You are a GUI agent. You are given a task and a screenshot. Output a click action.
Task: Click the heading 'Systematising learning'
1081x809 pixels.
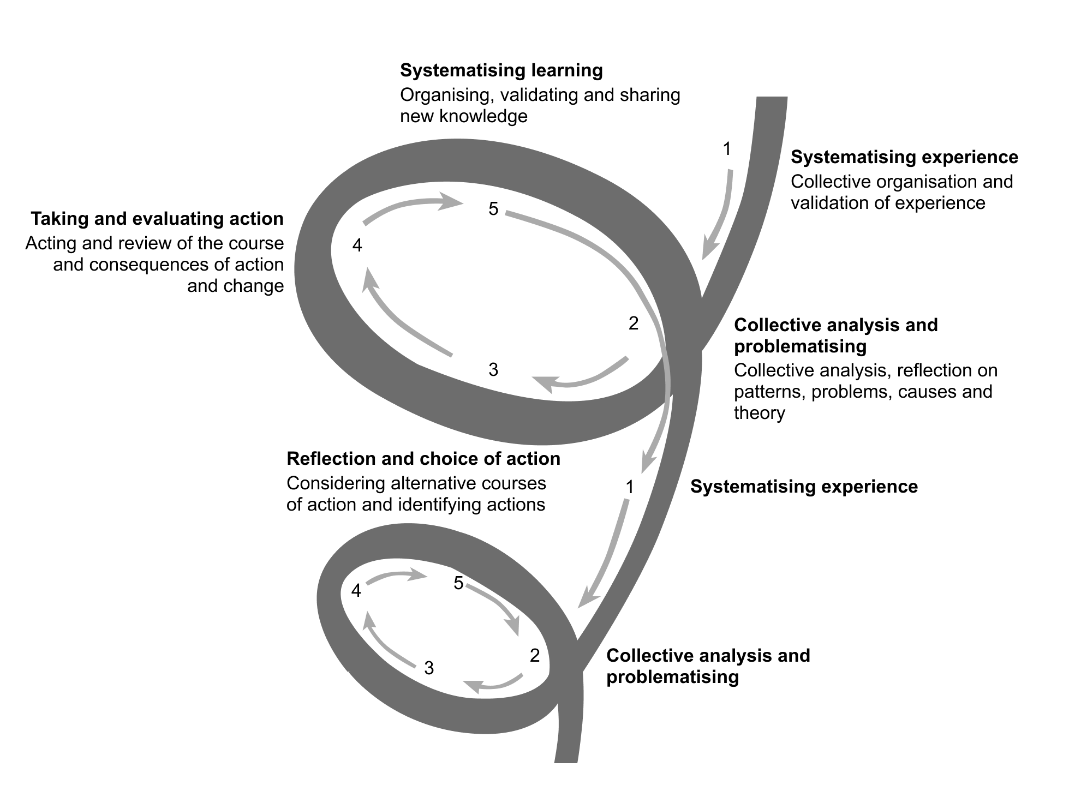[x=501, y=70]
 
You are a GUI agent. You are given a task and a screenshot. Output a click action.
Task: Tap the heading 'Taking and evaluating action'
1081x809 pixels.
[x=157, y=219]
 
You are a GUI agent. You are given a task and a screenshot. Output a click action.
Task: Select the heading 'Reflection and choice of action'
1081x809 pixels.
[x=423, y=459]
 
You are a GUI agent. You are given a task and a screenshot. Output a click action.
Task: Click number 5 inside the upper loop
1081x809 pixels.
[x=493, y=209]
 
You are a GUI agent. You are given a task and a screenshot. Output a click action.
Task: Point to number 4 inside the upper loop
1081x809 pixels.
[x=357, y=246]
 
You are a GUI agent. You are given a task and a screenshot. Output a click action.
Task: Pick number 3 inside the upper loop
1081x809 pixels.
[x=493, y=370]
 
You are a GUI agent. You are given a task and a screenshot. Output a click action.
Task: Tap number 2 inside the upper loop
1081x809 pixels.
[x=633, y=323]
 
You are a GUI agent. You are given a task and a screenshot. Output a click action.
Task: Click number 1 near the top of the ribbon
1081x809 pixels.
[x=727, y=148]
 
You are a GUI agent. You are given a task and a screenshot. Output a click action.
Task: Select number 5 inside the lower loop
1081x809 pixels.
[x=458, y=583]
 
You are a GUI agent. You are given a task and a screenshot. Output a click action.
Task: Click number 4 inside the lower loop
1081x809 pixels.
[x=356, y=590]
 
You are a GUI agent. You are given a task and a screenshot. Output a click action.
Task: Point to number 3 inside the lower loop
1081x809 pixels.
[x=429, y=668]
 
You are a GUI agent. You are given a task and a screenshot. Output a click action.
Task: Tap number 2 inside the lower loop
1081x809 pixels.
[x=535, y=655]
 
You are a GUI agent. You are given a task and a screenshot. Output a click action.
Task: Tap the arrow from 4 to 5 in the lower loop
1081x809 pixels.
[x=396, y=576]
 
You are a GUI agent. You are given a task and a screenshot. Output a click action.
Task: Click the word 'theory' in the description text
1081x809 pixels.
[x=759, y=413]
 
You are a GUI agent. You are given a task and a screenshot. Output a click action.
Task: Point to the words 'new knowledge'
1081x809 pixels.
[x=463, y=116]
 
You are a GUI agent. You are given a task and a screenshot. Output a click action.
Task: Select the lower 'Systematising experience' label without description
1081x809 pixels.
[x=804, y=487]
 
